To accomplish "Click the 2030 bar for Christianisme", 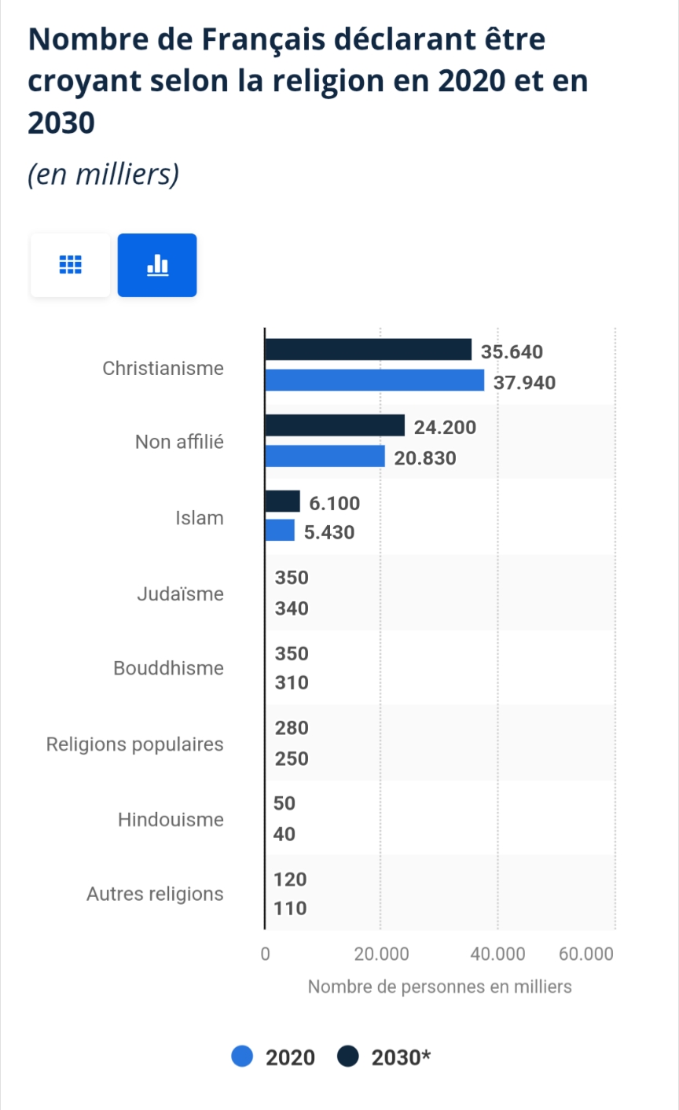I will (x=368, y=350).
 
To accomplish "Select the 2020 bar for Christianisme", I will (x=374, y=380).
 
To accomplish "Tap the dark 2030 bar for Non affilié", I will (x=335, y=426).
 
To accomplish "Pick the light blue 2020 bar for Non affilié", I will (x=325, y=457).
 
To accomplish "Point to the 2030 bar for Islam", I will (x=282, y=502).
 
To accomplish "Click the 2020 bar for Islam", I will (x=280, y=531).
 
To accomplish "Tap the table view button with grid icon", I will (x=71, y=266).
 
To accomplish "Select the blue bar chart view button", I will (x=157, y=266).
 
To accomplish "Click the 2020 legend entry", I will (x=274, y=1057).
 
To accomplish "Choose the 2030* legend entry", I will (x=385, y=1057).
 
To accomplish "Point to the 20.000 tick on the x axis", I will (x=381, y=954).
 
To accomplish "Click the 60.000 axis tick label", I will (x=585, y=954).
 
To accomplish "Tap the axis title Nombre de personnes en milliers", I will (x=439, y=987).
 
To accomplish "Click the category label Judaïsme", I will (x=180, y=594).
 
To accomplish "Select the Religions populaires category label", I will (x=135, y=744).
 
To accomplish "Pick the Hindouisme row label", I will (x=171, y=820).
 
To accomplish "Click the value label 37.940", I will (x=524, y=383).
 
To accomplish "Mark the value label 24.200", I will (x=445, y=428).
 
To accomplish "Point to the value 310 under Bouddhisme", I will (x=292, y=683).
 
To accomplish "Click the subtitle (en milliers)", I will (x=103, y=174).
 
